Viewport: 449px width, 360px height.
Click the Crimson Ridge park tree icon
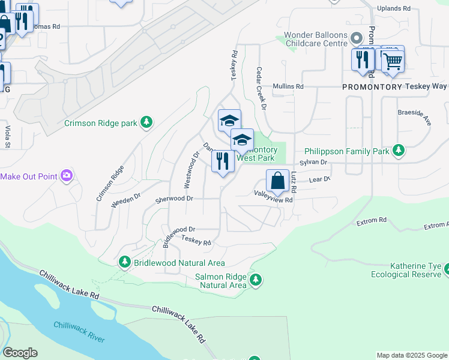(x=146, y=123)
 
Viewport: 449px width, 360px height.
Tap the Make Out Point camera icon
(x=67, y=176)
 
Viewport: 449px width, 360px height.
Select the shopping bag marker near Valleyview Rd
(x=277, y=181)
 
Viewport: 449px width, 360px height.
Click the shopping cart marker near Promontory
(x=393, y=61)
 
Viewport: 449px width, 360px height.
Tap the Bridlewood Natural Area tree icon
(x=124, y=262)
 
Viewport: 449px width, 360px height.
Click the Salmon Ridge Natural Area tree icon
(x=256, y=280)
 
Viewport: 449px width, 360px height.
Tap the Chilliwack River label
(x=79, y=331)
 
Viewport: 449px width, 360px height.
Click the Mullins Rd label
(x=288, y=86)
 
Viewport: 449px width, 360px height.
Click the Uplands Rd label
(x=393, y=9)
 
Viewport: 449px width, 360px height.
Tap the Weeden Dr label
(x=125, y=201)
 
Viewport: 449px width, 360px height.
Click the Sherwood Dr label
(x=174, y=199)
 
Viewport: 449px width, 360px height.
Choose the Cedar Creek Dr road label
(x=261, y=88)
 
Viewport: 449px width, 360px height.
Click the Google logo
(x=20, y=353)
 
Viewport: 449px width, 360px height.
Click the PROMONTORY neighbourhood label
(x=372, y=87)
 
